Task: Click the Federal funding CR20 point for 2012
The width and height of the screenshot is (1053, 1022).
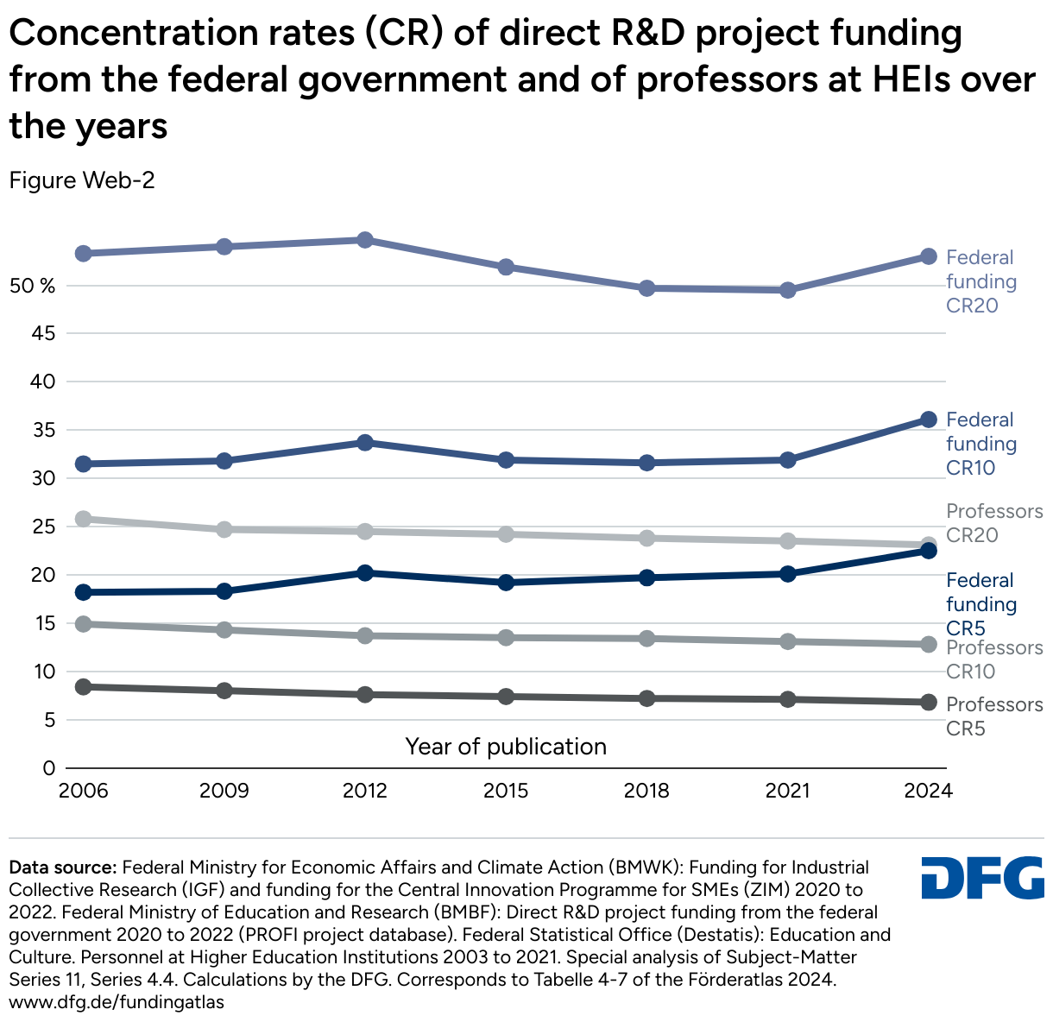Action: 365,239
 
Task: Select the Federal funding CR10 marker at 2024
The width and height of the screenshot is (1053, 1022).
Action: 929,420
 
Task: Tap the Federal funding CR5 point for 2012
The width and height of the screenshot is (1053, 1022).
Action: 365,572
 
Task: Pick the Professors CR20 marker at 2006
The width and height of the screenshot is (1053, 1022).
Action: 84,519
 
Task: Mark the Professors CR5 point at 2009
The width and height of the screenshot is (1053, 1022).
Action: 224,691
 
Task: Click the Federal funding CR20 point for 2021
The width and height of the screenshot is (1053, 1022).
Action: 788,290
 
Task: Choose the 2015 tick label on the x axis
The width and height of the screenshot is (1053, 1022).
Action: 506,792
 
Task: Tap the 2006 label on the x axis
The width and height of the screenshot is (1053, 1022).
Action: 84,792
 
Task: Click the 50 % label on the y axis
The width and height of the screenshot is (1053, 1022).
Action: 32,286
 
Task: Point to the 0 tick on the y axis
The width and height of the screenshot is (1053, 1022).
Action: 48,768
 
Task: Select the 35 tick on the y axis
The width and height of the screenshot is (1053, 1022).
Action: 43,430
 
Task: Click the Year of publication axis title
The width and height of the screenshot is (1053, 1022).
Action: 506,747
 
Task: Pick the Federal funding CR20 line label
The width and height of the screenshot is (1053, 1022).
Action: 980,281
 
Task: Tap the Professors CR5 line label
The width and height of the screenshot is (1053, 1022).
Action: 993,716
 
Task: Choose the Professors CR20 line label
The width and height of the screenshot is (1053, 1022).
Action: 993,523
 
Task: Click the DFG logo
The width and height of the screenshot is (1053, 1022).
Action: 982,878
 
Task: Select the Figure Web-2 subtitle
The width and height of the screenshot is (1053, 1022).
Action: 82,180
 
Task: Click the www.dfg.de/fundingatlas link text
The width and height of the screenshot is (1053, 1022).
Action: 117,1002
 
